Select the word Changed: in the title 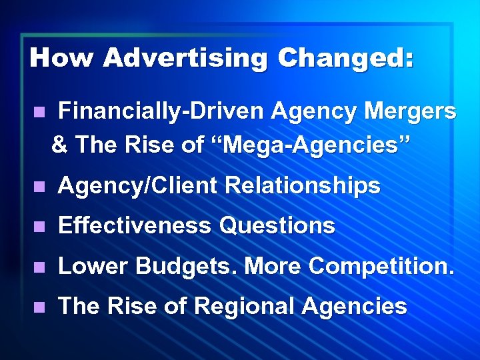pyautogui.click(x=347, y=58)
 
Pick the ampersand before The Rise pyautogui.click(x=59, y=144)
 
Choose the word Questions pyautogui.click(x=277, y=226)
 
